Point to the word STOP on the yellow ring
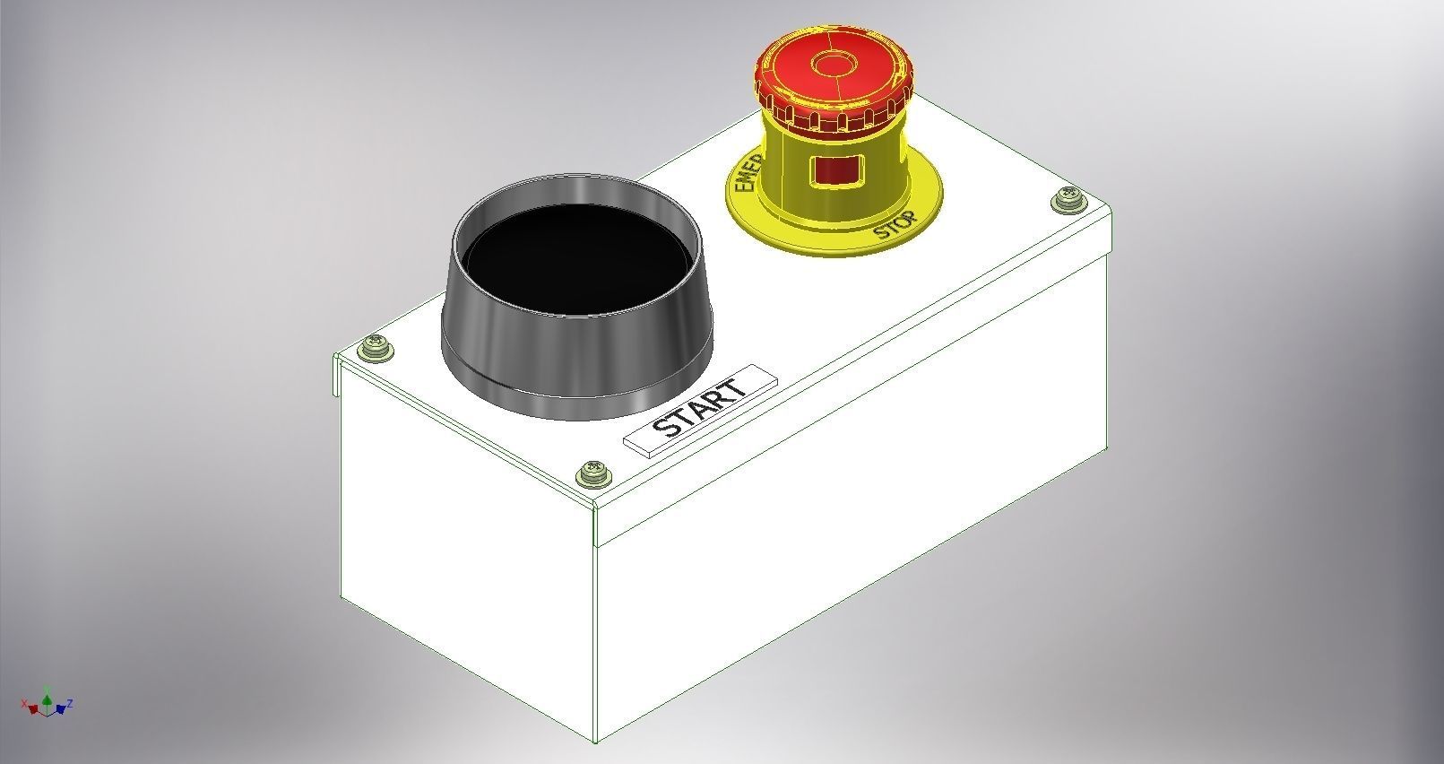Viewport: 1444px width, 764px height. click(895, 225)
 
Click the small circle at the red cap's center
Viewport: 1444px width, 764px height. click(833, 65)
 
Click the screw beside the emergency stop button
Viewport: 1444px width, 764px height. click(1067, 199)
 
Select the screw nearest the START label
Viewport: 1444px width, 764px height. click(593, 473)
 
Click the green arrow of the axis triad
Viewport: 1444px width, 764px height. click(47, 700)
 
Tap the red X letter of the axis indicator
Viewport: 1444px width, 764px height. click(24, 703)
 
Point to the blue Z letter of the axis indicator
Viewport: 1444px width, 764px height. click(70, 703)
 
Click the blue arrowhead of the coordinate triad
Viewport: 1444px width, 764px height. click(60, 709)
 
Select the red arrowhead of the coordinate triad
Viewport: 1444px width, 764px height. click(33, 709)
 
